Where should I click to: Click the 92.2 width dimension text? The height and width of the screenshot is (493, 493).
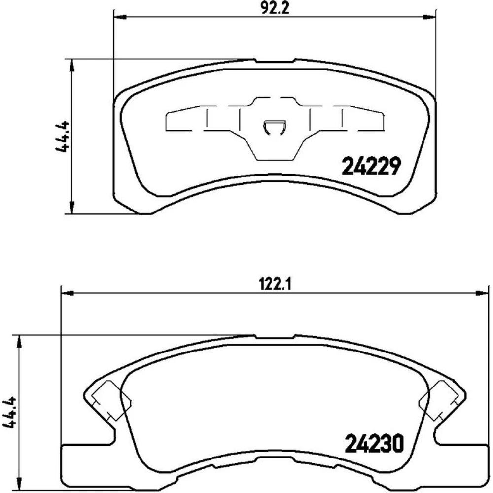[274, 8]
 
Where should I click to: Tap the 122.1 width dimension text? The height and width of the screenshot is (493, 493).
[274, 285]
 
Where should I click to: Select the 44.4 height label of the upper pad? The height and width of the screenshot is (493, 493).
[62, 136]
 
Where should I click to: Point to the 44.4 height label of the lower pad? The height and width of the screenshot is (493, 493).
[9, 413]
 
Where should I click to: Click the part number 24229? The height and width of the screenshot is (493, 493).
[371, 166]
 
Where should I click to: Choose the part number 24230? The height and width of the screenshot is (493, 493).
[374, 443]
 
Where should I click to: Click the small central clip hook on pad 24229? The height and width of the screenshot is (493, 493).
[275, 128]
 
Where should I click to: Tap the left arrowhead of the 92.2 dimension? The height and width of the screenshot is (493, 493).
[120, 17]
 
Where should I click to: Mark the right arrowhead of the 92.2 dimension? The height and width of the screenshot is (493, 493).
[430, 17]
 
